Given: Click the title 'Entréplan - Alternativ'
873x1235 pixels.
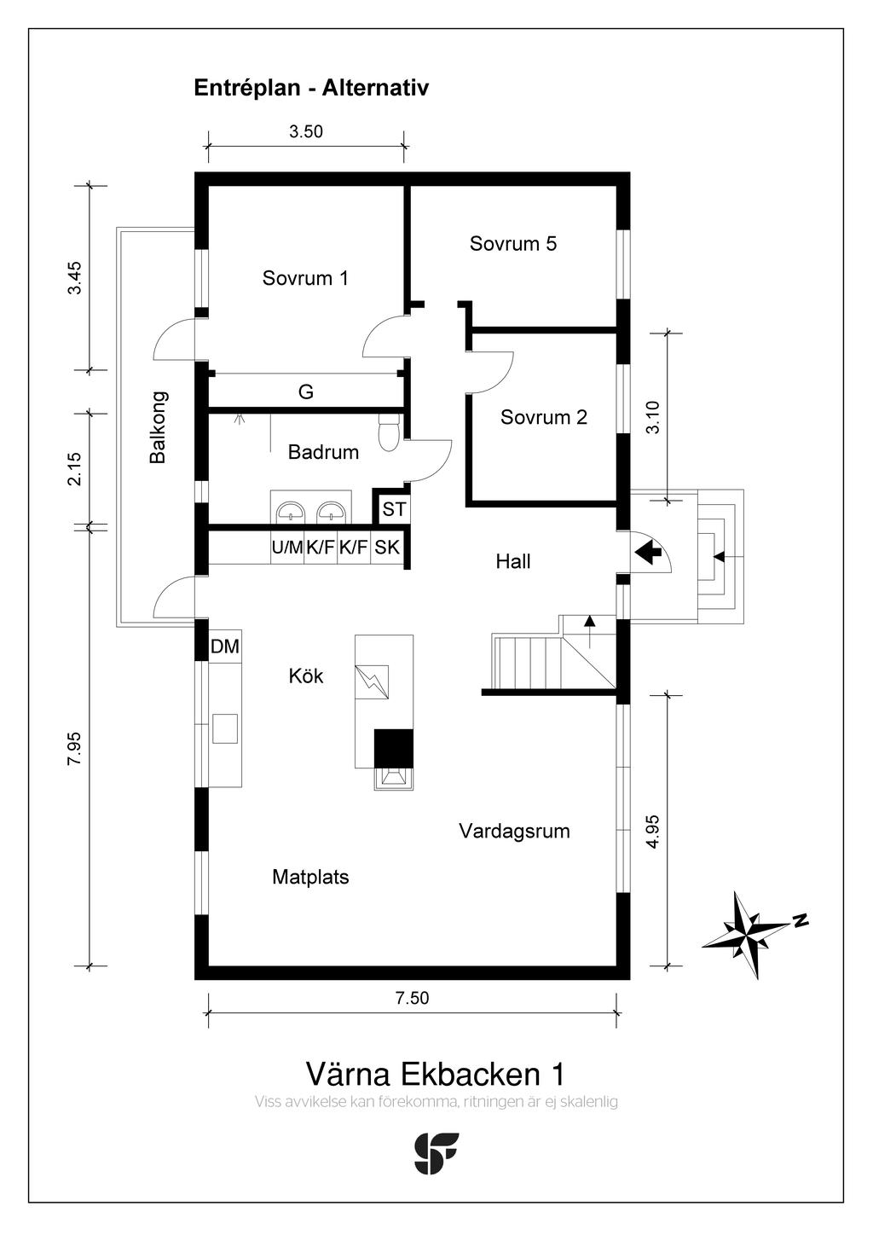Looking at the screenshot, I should pos(311,88).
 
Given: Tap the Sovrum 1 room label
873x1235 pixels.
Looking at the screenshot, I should pos(305,278).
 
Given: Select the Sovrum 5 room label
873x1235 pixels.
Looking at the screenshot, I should pos(512,244).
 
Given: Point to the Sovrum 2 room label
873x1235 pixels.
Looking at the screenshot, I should pos(543,417).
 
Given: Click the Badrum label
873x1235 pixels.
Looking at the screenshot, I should pos(323,452).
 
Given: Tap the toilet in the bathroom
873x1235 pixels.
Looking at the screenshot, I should pos(388,431).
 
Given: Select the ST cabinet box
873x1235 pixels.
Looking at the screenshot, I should pos(394,509).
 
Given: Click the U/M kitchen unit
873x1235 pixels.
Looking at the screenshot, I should pos(287,548).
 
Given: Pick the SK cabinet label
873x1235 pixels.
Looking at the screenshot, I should pos(387,548).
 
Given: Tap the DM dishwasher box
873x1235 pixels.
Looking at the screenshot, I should pos(225,647).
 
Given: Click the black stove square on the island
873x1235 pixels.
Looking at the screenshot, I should pos(394,748).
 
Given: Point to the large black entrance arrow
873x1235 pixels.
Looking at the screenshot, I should pos(650,553).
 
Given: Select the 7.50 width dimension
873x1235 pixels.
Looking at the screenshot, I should pos(412,998).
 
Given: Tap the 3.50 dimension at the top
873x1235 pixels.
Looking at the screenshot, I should pos(305,132).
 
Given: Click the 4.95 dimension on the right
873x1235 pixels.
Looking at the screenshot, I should pos(653,832).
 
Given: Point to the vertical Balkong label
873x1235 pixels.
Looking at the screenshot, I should pos(159,427).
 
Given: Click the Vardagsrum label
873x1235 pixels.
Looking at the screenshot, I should pos(514,831).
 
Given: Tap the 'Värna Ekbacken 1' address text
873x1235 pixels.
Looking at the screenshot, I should pos(435,1074).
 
